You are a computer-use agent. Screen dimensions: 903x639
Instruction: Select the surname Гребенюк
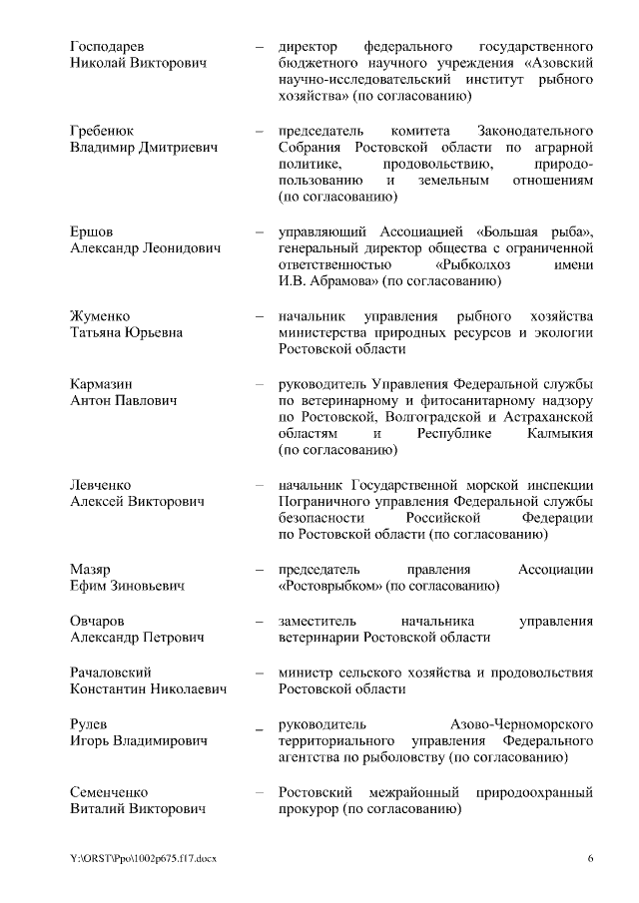[103, 131]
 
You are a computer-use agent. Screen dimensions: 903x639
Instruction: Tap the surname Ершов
[93, 232]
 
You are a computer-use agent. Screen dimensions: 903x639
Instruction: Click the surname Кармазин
[102, 383]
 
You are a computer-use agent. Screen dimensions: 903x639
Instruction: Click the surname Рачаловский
[112, 671]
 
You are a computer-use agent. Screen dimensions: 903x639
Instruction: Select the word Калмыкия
[558, 434]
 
